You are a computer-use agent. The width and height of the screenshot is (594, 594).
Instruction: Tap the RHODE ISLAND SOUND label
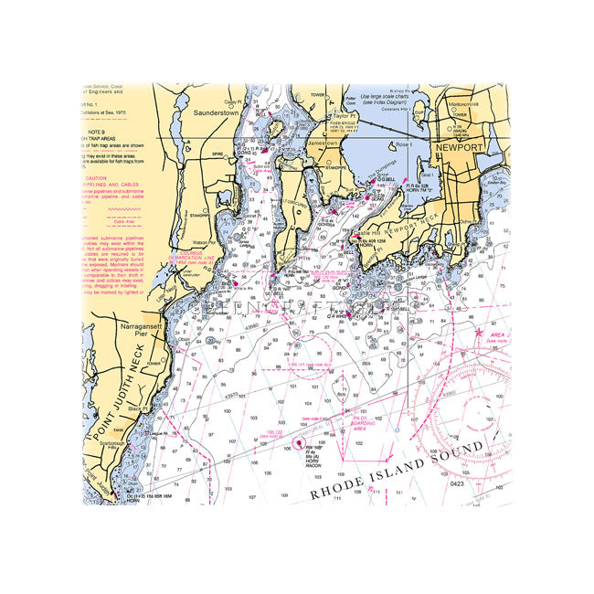pos(409,469)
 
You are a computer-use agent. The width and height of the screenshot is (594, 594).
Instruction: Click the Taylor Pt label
pos(344,117)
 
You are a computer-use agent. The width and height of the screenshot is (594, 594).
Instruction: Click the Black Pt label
pos(138,408)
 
